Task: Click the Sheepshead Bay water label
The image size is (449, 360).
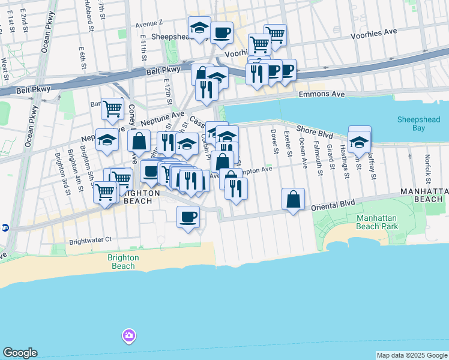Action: point(418,124)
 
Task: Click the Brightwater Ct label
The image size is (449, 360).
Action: point(91,240)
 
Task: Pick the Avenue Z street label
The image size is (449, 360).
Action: point(149,24)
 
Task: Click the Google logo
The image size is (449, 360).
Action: point(20,353)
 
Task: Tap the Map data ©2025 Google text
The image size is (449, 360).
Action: point(411,355)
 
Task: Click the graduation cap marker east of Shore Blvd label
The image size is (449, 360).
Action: point(359,142)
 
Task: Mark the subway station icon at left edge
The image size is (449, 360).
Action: point(5,227)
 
